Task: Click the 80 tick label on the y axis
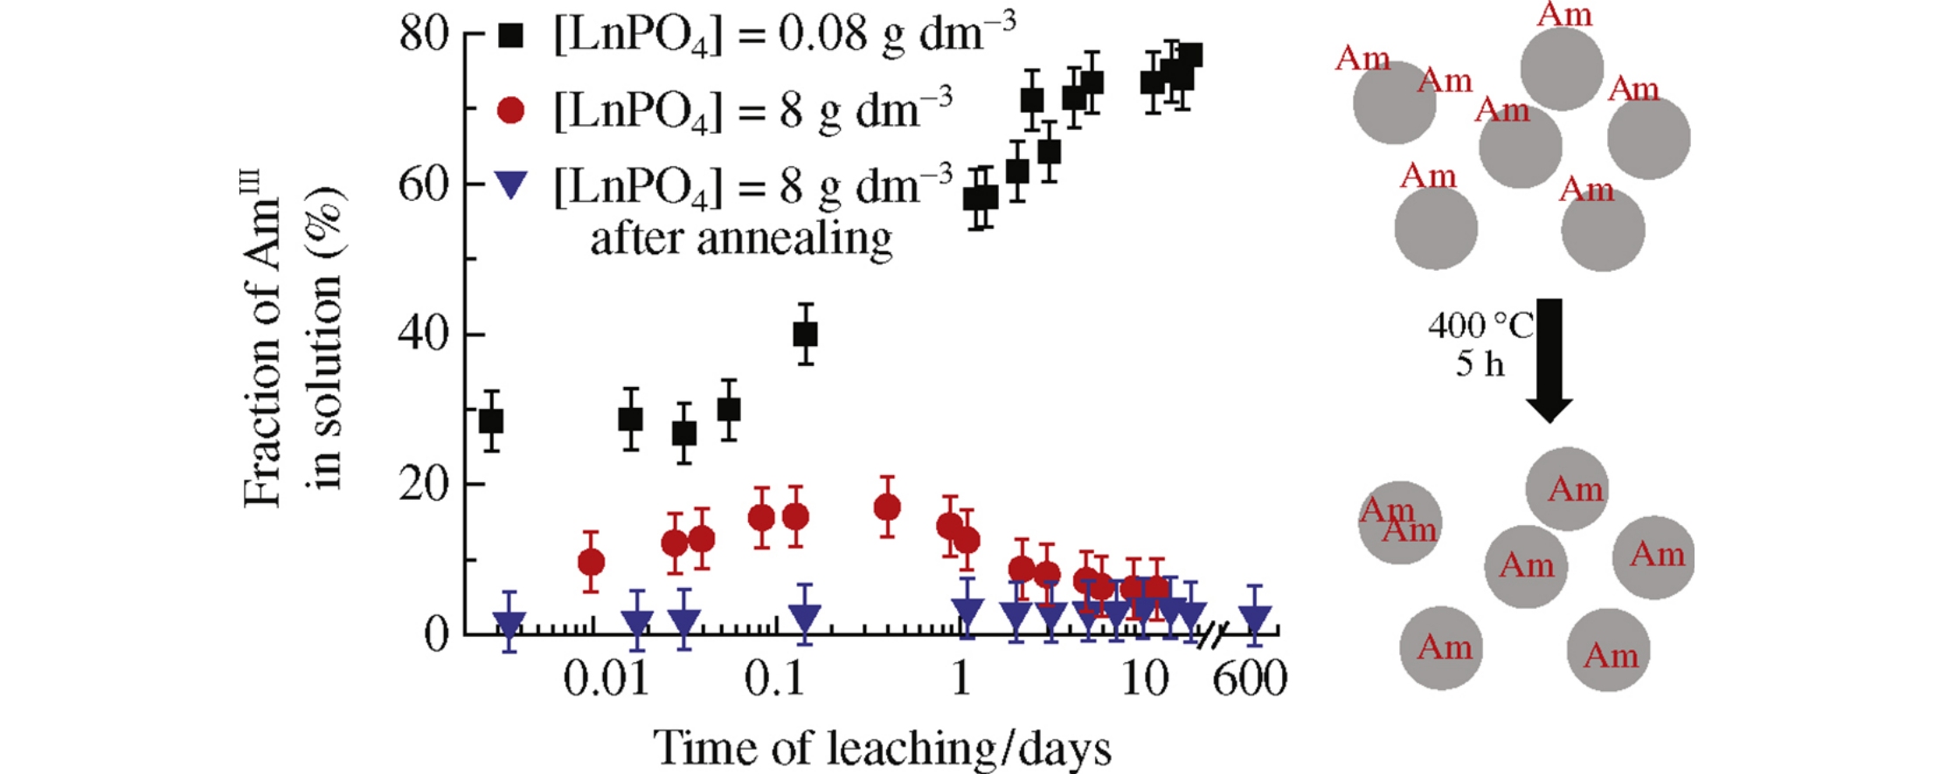tap(423, 35)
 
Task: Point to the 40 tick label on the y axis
tap(423, 335)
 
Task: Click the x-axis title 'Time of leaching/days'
tap(882, 748)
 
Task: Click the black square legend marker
tap(510, 35)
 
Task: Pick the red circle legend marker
tap(510, 110)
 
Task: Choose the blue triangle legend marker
tap(510, 183)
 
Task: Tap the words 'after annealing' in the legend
tap(741, 238)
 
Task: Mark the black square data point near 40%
tap(805, 334)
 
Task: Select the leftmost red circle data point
tap(592, 562)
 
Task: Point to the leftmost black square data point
tap(492, 421)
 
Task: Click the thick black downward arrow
tap(1549, 358)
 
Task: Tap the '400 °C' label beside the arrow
tap(1480, 326)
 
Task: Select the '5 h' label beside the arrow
tap(1480, 363)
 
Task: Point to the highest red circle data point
tap(887, 508)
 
